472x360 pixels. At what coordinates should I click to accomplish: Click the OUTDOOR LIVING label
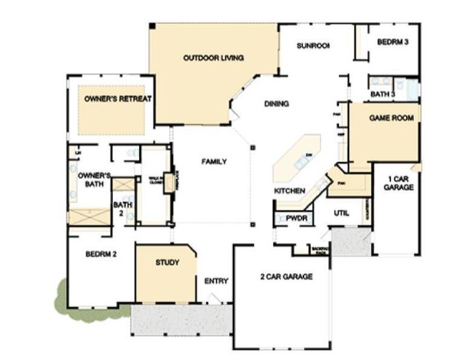pyautogui.click(x=213, y=58)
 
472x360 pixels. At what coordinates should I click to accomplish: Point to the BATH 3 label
pyautogui.click(x=383, y=94)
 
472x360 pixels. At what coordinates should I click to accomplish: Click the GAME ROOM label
pyautogui.click(x=391, y=118)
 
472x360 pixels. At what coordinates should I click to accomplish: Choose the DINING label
pyautogui.click(x=276, y=104)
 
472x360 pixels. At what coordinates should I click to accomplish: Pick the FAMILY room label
pyautogui.click(x=214, y=161)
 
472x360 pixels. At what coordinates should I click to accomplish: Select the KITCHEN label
pyautogui.click(x=291, y=191)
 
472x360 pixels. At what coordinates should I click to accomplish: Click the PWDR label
pyautogui.click(x=296, y=218)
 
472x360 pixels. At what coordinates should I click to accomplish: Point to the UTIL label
pyautogui.click(x=341, y=213)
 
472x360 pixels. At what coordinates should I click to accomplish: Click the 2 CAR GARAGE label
pyautogui.click(x=286, y=277)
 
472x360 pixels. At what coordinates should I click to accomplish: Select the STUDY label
pyautogui.click(x=167, y=263)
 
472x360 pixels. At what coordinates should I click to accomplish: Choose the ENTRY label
pyautogui.click(x=216, y=281)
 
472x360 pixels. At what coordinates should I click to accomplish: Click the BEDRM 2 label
pyautogui.click(x=100, y=254)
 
